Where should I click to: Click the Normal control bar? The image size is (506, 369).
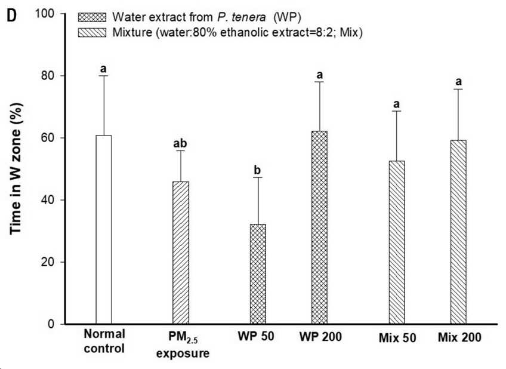104,229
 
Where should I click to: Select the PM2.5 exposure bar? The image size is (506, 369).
181,253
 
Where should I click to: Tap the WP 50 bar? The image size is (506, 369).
258,274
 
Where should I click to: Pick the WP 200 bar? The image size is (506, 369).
319,227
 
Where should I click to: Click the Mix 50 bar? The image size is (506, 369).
397,242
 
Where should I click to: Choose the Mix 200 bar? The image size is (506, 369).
458,232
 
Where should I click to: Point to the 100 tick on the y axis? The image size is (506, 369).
63,14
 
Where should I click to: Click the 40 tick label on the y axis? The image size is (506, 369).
48,200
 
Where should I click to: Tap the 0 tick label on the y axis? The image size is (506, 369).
52,324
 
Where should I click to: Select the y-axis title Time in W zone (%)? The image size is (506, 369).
16,168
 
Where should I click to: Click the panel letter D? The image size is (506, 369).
11,16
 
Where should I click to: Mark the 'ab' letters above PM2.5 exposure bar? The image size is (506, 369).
180,143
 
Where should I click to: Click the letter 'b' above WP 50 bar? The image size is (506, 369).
258,170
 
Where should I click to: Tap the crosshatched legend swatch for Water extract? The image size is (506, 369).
92,17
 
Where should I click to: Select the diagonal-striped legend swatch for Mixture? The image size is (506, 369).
92,33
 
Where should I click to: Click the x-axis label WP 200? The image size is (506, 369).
320,337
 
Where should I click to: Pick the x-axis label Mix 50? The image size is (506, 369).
397,338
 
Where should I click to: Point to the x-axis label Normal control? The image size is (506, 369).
104,341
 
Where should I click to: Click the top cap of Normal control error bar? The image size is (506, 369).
104,76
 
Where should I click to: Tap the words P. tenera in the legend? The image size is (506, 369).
242,17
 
